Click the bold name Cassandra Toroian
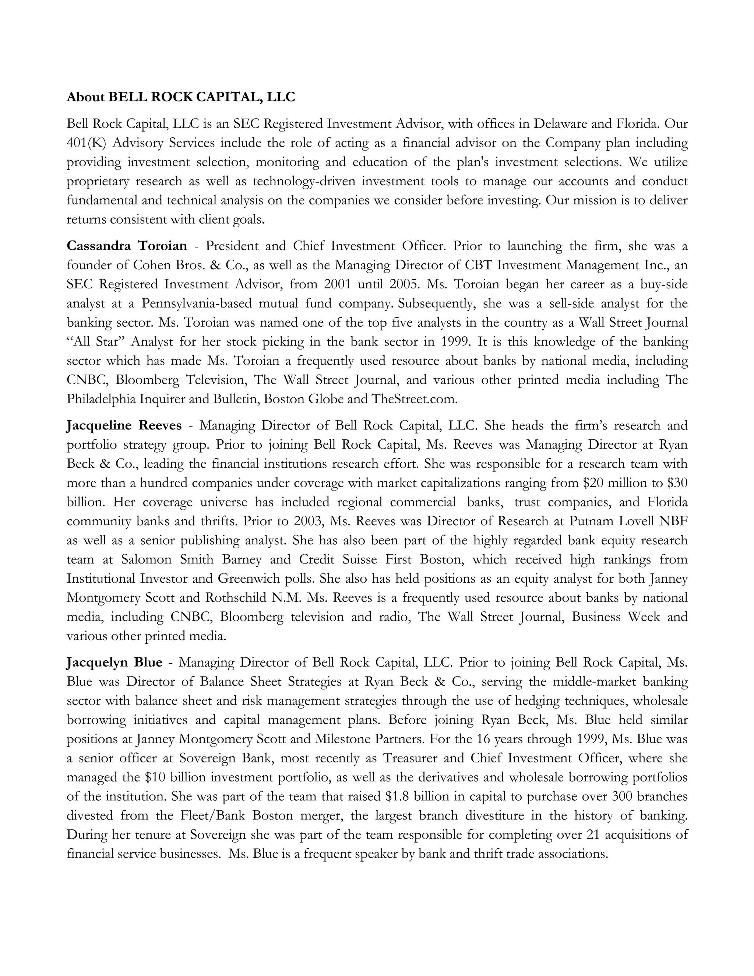click(127, 246)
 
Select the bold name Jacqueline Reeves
click(124, 425)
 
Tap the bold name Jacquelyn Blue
click(114, 662)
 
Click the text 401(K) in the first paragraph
click(85, 143)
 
